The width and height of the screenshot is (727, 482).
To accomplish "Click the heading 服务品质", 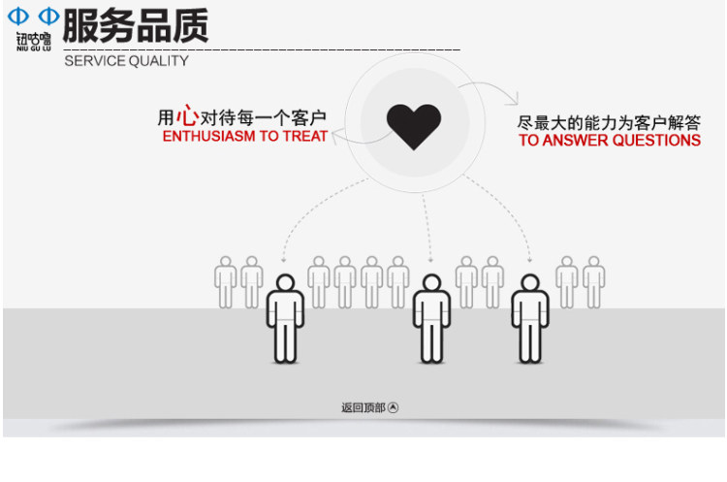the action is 136,25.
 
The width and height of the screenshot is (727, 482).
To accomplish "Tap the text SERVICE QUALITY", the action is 126,61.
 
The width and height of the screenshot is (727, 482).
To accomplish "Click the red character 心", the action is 187,116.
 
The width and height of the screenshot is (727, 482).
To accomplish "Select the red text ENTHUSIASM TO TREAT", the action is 245,137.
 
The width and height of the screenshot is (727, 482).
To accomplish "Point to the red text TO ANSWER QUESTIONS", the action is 609,141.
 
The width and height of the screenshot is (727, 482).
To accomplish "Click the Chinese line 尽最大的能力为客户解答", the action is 609,122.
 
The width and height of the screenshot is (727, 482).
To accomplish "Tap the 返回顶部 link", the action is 363,408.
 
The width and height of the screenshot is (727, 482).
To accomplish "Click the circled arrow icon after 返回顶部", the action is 394,408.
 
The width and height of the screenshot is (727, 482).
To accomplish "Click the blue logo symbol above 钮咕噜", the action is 34,16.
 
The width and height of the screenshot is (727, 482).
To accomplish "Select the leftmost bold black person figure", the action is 284,318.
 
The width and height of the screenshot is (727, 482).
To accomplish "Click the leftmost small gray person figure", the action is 226,282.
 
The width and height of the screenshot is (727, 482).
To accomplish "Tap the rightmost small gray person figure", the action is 594,282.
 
